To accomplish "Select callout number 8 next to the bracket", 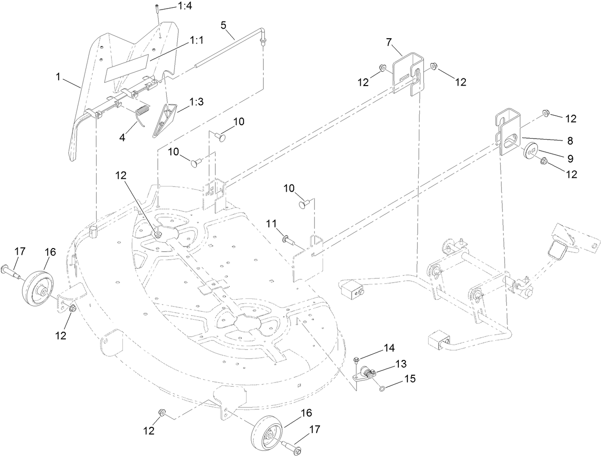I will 569,141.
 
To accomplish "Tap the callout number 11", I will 271,224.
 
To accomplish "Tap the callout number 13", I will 400,364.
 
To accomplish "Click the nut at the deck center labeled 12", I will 157,234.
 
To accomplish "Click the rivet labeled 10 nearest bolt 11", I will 304,205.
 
